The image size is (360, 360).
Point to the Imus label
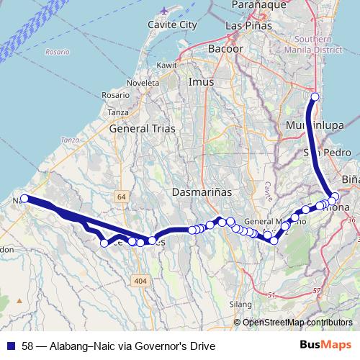click(201, 82)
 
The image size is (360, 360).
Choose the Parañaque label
click(254, 4)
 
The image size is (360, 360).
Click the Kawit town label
click(166, 66)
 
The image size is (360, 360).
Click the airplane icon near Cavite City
click(166, 12)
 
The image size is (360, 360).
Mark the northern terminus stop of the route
click(314, 97)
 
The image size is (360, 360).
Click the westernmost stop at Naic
click(24, 198)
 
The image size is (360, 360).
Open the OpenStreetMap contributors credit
click(297, 322)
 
